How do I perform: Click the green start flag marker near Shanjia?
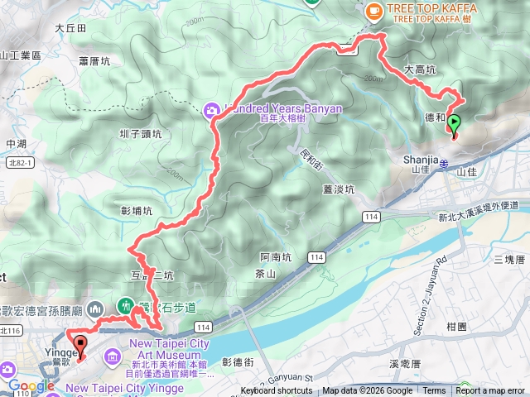455,124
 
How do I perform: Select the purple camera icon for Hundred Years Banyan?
210,108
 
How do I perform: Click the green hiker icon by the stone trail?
126,305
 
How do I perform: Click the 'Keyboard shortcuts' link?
277,391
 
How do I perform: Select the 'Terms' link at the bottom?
434,391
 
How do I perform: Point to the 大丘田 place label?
70,27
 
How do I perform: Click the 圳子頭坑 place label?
139,133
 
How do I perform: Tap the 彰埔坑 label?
137,211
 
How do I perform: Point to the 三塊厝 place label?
508,259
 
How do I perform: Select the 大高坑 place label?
420,70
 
